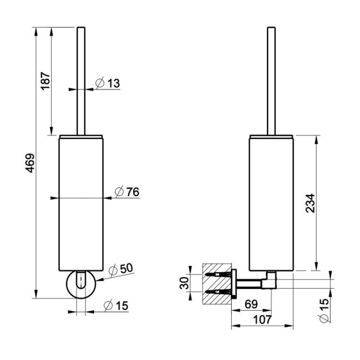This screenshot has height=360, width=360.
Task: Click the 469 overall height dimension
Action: point(30,163)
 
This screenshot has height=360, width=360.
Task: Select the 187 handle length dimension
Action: point(46,81)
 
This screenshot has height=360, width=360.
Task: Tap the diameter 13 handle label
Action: point(108,83)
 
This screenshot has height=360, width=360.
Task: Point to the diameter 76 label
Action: point(127,192)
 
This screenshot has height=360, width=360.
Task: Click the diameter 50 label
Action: point(121,269)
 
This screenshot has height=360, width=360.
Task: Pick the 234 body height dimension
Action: point(310,203)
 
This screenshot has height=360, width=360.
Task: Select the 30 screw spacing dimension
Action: point(184,283)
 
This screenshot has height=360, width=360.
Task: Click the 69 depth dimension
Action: point(251,304)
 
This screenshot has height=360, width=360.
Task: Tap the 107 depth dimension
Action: point(262,319)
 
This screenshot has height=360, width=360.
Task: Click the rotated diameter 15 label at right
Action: point(324,311)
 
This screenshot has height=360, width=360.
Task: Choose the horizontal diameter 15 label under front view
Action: point(116,306)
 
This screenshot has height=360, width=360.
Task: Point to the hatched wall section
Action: point(217,284)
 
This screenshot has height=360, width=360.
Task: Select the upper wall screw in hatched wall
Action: point(218,274)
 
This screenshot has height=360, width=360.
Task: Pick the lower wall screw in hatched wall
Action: point(218,292)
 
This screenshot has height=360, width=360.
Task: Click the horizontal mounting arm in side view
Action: point(249,284)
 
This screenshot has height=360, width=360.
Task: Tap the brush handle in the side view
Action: point(271,81)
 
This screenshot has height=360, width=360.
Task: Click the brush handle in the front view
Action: point(81,81)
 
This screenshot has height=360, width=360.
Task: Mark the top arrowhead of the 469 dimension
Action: point(36,32)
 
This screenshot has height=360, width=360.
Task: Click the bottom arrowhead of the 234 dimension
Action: point(316,266)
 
